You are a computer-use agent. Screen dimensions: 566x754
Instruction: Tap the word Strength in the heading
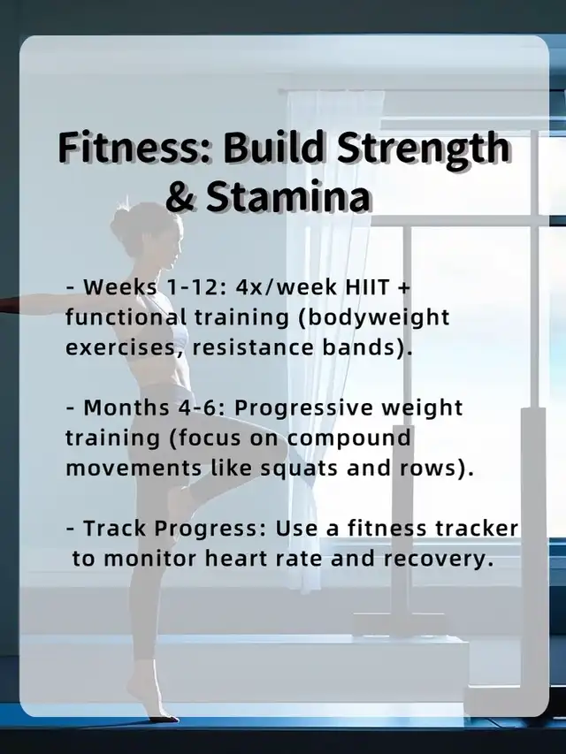tap(422, 149)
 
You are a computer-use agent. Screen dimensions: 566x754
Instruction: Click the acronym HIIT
tap(367, 287)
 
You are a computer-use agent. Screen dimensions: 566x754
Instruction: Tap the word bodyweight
tap(374, 319)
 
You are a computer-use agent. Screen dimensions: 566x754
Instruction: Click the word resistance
tap(253, 347)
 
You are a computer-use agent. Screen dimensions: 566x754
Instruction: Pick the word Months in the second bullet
tap(126, 407)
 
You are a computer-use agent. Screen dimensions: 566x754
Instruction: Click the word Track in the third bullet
tap(115, 529)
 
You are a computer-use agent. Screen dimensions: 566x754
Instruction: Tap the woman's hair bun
tap(123, 222)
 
